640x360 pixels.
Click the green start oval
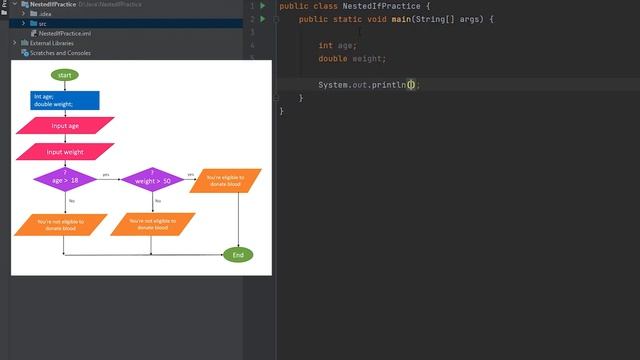tap(65, 75)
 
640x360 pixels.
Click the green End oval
tap(237, 255)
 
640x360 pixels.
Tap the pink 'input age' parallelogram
tap(65, 126)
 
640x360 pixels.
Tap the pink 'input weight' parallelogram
tap(65, 152)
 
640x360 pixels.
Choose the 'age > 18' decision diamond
tap(65, 179)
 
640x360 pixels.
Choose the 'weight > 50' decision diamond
tap(152, 179)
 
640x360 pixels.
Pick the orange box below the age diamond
tap(60, 225)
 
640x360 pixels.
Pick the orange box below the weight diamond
tap(152, 225)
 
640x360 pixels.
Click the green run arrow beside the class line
tap(263, 6)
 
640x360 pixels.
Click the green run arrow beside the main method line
tap(263, 19)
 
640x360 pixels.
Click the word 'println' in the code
tap(388, 85)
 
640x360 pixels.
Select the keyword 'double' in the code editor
tap(332, 59)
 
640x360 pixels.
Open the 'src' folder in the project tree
tap(43, 23)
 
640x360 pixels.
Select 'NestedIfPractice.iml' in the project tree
tap(66, 33)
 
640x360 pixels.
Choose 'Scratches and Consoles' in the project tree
tap(60, 53)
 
